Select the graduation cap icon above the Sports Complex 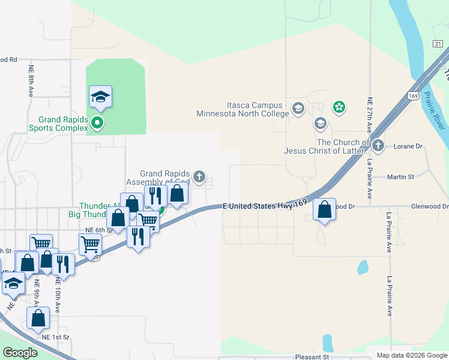(x=101, y=97)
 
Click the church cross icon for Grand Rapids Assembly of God (x=199, y=177)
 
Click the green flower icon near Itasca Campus (x=339, y=107)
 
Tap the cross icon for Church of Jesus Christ (x=378, y=145)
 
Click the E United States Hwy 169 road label (x=265, y=206)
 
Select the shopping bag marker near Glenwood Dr (x=324, y=210)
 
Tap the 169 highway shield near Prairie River (x=413, y=95)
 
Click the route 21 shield (x=438, y=43)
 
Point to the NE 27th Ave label (x=369, y=113)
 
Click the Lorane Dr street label (x=409, y=146)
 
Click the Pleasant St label (x=313, y=356)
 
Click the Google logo (x=20, y=353)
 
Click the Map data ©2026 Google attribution (x=411, y=355)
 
